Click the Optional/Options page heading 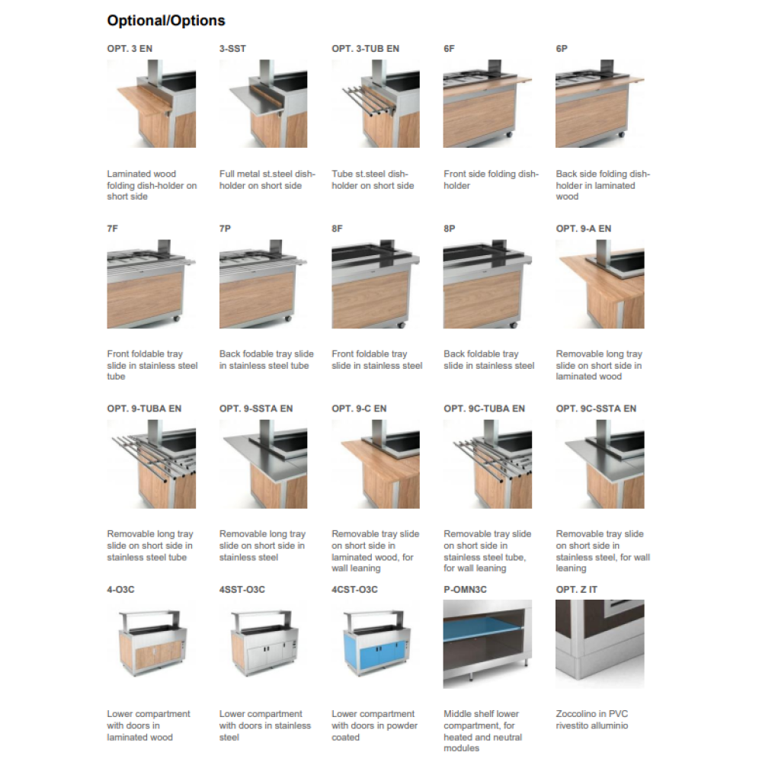pyautogui.click(x=166, y=21)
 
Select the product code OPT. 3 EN pyautogui.click(x=130, y=49)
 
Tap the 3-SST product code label pyautogui.click(x=232, y=49)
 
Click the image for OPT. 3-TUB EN pyautogui.click(x=376, y=104)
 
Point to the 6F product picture pyautogui.click(x=488, y=104)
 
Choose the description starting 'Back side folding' pyautogui.click(x=603, y=185)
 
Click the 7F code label pyautogui.click(x=112, y=229)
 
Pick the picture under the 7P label pyautogui.click(x=264, y=284)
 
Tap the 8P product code pyautogui.click(x=450, y=229)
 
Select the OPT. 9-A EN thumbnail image pyautogui.click(x=600, y=284)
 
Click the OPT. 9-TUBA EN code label pyautogui.click(x=144, y=408)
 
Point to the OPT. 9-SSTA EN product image pyautogui.click(x=264, y=464)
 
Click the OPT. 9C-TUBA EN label pyautogui.click(x=484, y=408)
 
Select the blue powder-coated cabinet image pyautogui.click(x=376, y=644)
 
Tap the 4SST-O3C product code pyautogui.click(x=242, y=590)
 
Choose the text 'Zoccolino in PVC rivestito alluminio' pyautogui.click(x=592, y=720)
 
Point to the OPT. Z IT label pyautogui.click(x=576, y=590)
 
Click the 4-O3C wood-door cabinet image pyautogui.click(x=152, y=644)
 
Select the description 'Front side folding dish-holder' pyautogui.click(x=491, y=180)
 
